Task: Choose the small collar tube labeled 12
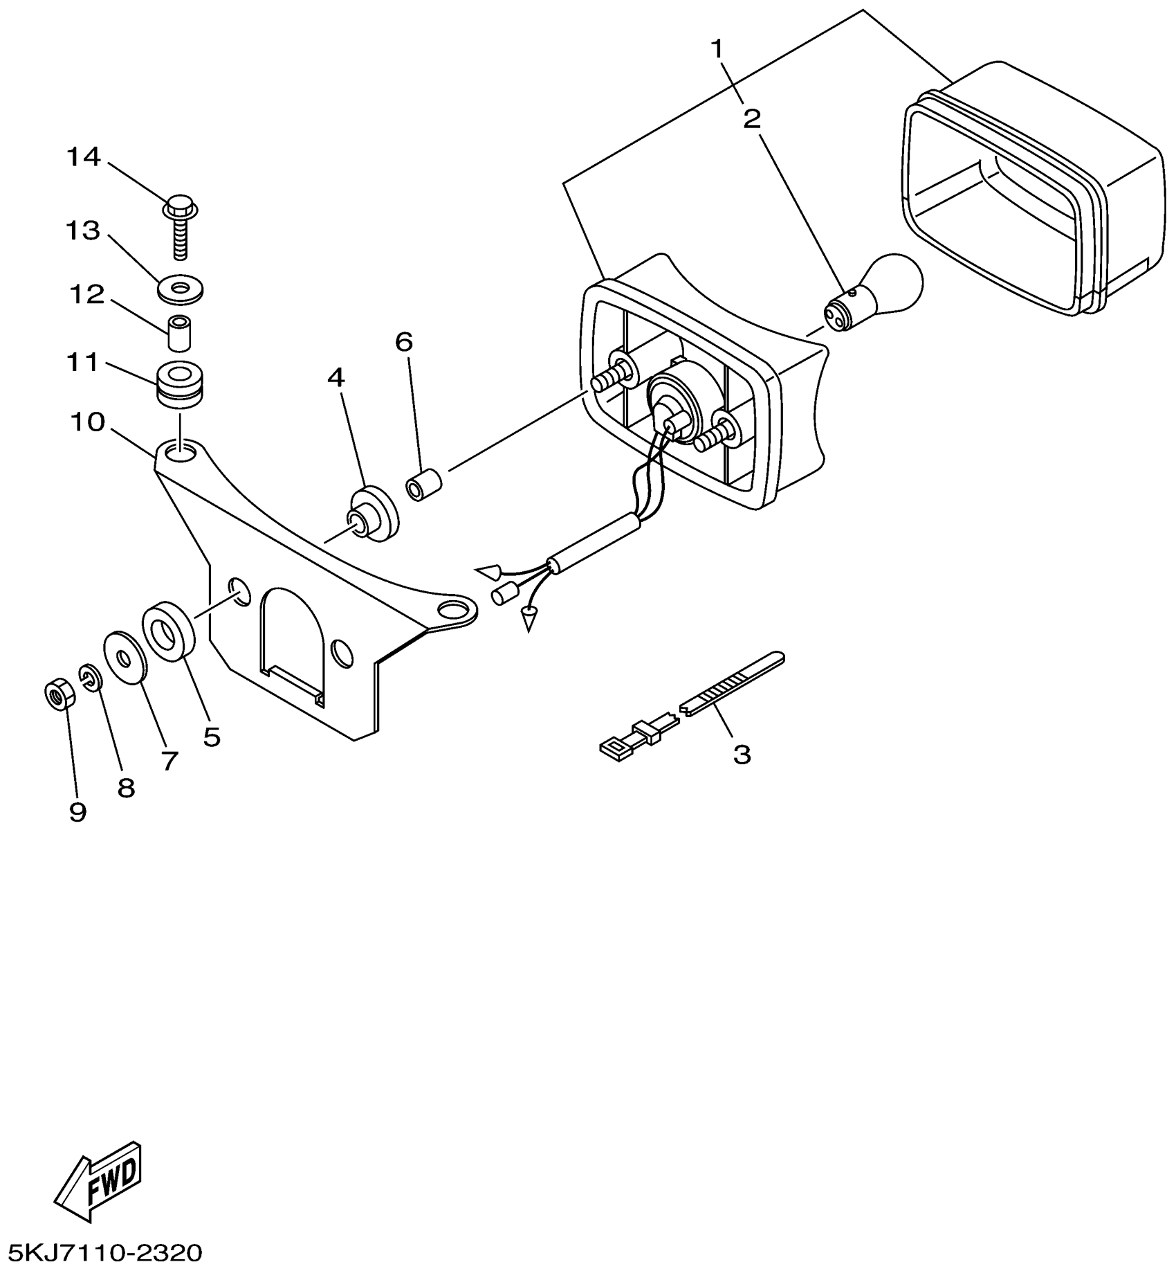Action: pos(180,334)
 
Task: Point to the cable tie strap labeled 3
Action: pos(733,683)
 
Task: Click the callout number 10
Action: pos(87,422)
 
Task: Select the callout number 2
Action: pos(752,120)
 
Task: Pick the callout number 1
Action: pos(717,49)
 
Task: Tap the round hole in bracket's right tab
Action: pos(454,609)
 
